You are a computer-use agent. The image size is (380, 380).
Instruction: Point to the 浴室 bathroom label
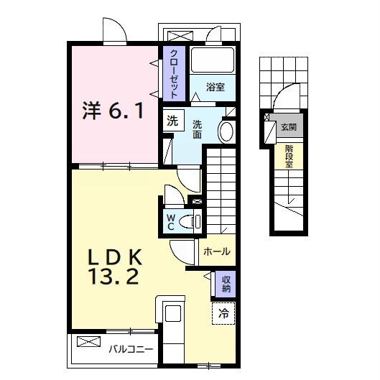click(216, 88)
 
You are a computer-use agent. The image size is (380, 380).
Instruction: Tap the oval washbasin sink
click(226, 132)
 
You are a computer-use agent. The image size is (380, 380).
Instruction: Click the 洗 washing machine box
click(172, 121)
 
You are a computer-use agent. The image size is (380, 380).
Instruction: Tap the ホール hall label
click(216, 251)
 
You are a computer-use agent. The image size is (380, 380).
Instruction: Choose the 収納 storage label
click(226, 284)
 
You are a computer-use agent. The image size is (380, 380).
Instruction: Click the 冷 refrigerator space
click(223, 313)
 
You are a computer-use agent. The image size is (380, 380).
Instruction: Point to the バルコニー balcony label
click(131, 351)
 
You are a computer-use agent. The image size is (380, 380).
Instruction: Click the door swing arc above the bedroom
click(115, 30)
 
